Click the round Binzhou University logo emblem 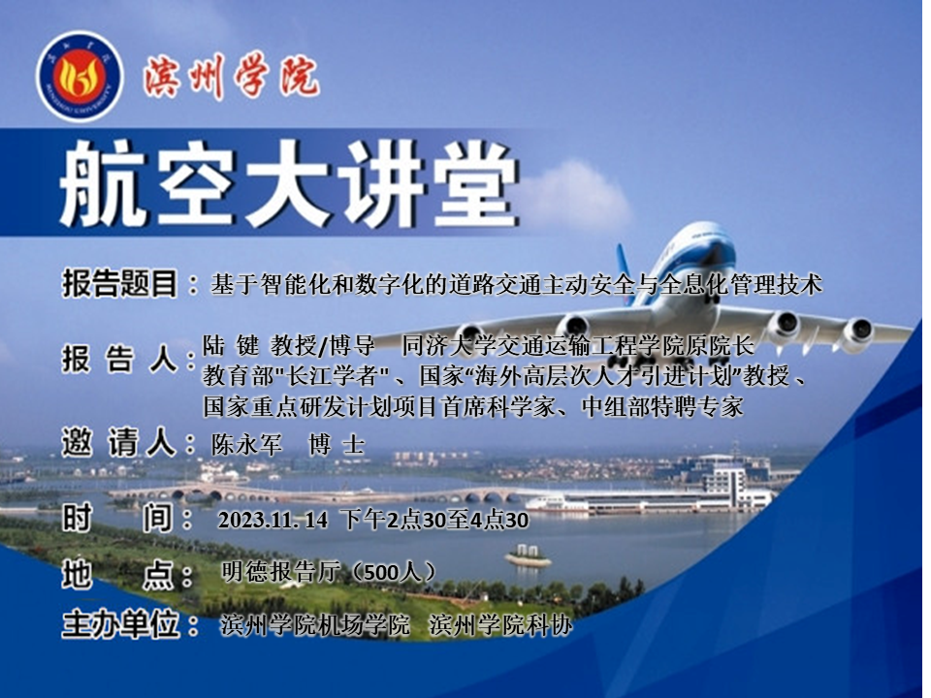point(80,77)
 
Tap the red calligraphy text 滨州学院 point(231,78)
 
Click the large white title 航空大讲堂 point(289,183)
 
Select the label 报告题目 point(119,283)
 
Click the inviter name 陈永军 point(246,445)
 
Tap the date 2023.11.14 point(273,520)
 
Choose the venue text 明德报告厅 point(281,572)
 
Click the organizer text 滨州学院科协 point(500,625)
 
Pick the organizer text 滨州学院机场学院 point(315,625)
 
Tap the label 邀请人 point(118,443)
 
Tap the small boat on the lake point(528,556)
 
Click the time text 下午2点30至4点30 point(436,520)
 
